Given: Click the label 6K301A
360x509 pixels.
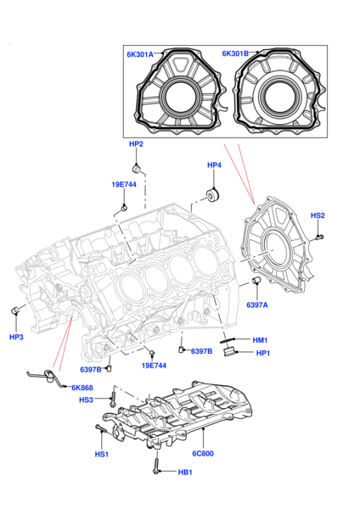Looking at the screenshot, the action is point(140,54).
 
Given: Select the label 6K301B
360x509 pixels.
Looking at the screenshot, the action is point(235,53).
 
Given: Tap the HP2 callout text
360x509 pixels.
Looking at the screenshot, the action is point(136,144).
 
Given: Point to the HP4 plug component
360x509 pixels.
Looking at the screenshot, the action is point(213,194).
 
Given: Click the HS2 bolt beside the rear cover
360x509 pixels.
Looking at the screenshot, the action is point(320,237).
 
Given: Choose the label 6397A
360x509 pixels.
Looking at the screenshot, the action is point(257,305).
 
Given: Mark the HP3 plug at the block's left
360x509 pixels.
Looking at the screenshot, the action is point(15,310).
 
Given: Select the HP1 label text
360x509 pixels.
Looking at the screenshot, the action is point(263,353).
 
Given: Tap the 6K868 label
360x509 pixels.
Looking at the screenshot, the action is point(82,388).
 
